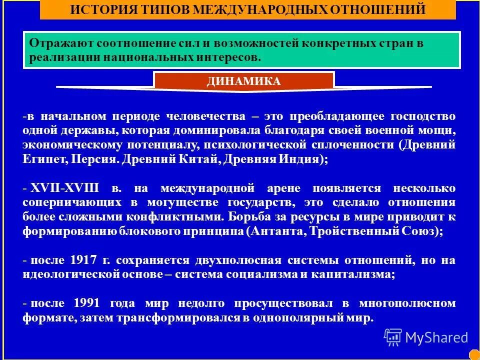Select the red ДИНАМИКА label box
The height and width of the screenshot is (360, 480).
click(x=243, y=81)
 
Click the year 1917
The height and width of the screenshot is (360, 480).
click(x=85, y=260)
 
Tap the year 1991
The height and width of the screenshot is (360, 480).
click(x=86, y=303)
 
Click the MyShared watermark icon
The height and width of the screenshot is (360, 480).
click(x=393, y=337)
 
